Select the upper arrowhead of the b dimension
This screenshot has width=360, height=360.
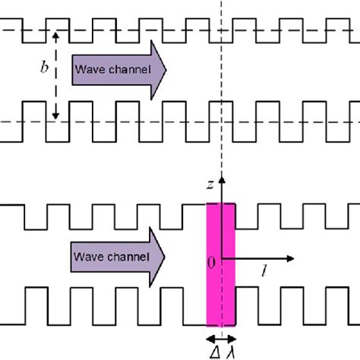[x=55, y=33]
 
